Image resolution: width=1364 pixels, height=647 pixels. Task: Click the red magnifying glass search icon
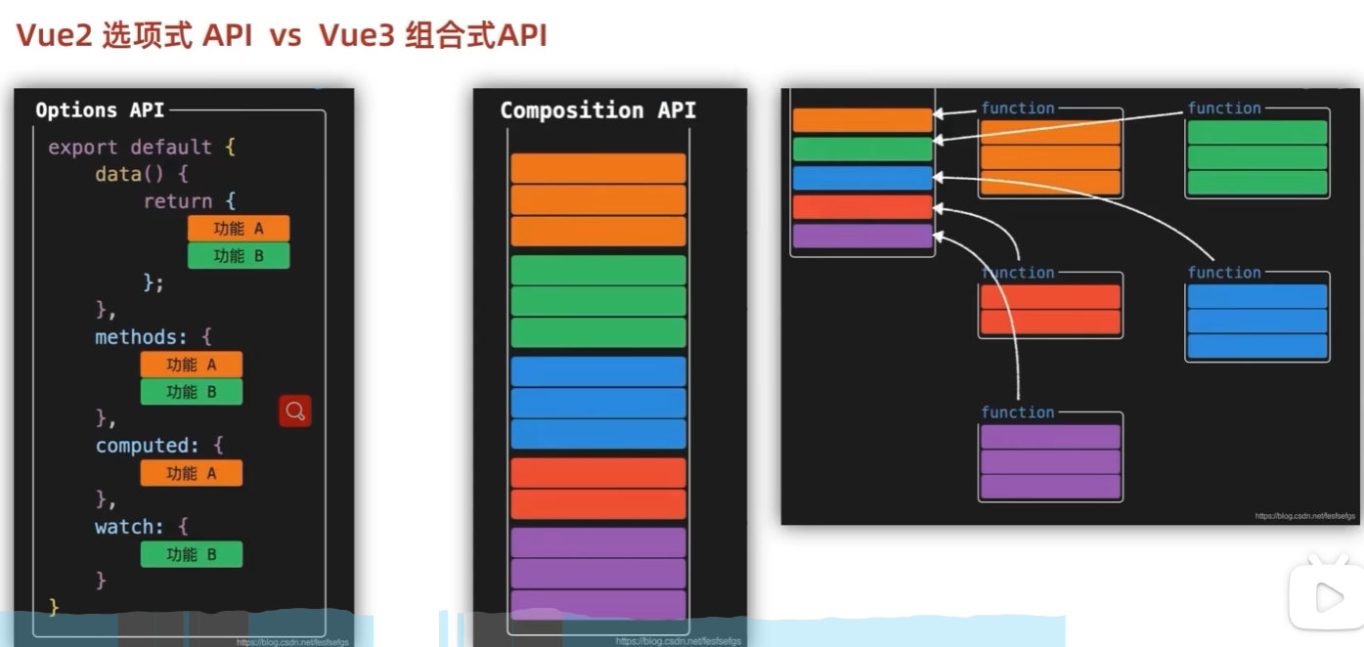click(x=295, y=410)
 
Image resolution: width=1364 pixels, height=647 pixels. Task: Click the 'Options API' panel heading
click(x=100, y=110)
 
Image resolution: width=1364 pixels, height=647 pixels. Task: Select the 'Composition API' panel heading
click(x=597, y=110)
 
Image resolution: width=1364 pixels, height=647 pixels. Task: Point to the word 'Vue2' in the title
click(x=54, y=36)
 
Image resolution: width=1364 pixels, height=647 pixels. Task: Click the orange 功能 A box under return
click(x=239, y=229)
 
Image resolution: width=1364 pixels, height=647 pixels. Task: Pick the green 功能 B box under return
click(x=239, y=256)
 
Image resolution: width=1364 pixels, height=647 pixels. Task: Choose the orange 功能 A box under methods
click(x=192, y=365)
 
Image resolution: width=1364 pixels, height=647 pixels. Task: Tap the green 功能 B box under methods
click(x=192, y=392)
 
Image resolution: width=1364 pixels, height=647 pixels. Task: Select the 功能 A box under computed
click(x=192, y=473)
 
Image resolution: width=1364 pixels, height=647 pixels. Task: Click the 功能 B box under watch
click(x=192, y=554)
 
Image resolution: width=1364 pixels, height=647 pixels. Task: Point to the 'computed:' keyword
click(x=146, y=446)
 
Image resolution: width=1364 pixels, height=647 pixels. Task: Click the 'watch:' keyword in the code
click(x=130, y=527)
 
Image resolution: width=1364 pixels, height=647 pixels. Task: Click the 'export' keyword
click(x=83, y=147)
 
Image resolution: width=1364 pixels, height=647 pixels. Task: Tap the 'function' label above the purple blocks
click(x=1018, y=412)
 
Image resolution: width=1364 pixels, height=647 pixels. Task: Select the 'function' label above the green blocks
click(x=1224, y=108)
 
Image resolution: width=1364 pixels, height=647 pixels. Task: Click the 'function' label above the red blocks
click(x=1018, y=273)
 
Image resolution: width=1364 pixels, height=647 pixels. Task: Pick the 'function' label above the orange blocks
click(x=1018, y=108)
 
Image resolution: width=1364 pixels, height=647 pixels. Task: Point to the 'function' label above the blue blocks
click(x=1224, y=273)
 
